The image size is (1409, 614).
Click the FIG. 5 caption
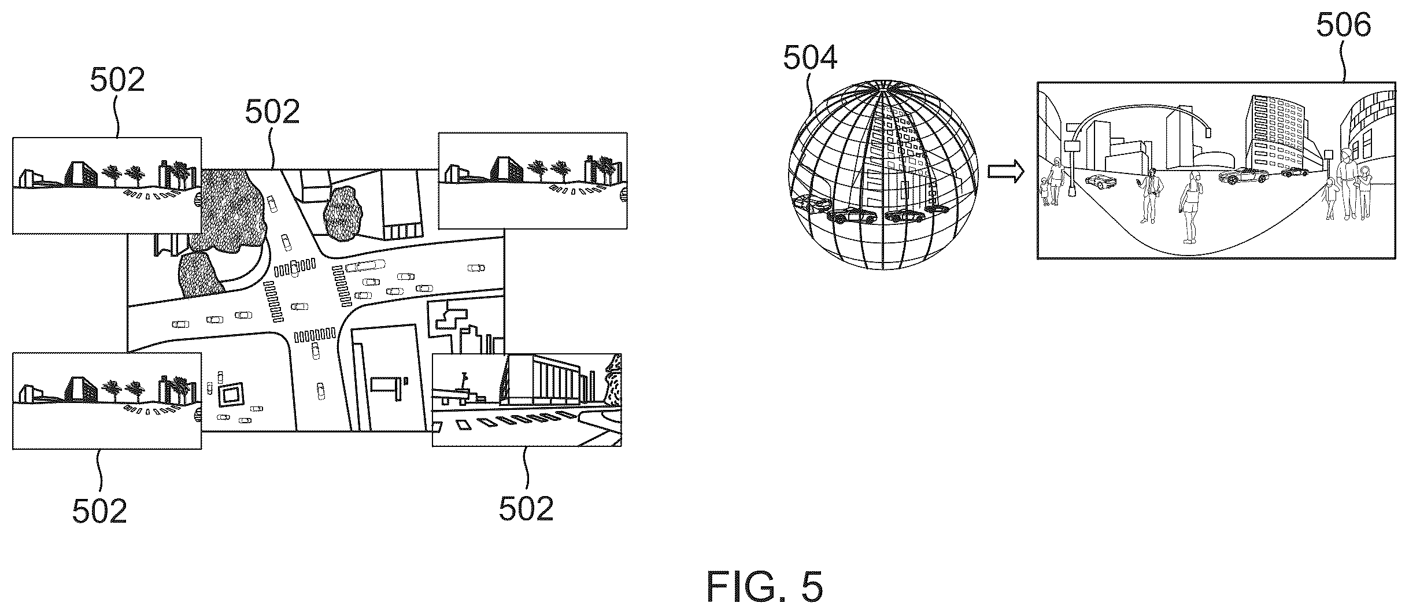(x=764, y=587)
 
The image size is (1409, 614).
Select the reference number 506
(x=1344, y=26)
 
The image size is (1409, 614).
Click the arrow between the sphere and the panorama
(x=1006, y=172)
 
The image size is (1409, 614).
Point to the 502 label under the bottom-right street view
(x=526, y=509)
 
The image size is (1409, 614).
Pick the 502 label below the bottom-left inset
(x=99, y=511)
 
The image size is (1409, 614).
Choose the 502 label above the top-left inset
(x=117, y=80)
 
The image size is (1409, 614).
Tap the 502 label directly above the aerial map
(x=272, y=112)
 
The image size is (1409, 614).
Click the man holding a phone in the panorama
(x=1150, y=195)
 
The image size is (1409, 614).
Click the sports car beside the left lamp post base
(x=1100, y=181)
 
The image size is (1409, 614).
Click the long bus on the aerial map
(x=365, y=265)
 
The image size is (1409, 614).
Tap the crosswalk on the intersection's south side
(x=315, y=334)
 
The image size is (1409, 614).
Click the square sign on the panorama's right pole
(x=1328, y=155)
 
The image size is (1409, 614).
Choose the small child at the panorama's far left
(x=1045, y=191)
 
